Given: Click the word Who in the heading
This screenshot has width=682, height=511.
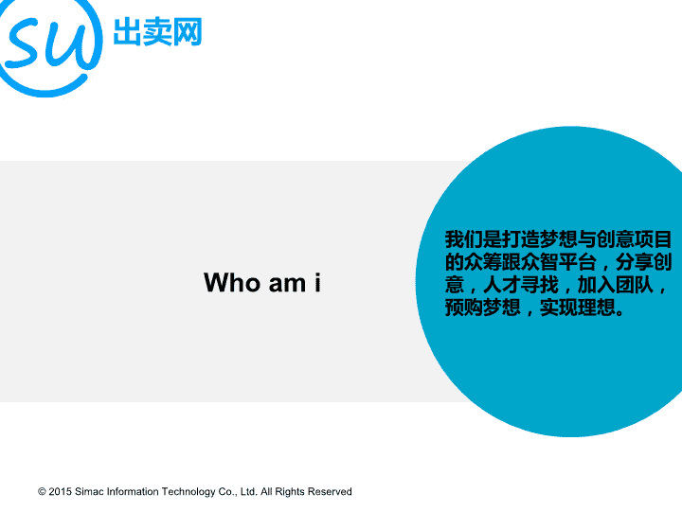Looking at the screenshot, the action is click(x=232, y=283).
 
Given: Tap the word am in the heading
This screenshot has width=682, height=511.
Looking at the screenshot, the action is click(x=288, y=285).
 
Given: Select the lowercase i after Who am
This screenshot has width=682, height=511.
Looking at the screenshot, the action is click(x=318, y=283).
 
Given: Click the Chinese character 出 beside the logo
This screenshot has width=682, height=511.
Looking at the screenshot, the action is click(x=127, y=31).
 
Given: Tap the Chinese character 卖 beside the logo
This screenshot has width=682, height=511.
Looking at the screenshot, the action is click(x=157, y=31).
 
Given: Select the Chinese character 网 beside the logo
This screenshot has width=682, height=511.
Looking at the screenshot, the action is click(x=188, y=31).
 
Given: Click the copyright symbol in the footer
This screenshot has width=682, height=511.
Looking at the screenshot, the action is click(x=42, y=492).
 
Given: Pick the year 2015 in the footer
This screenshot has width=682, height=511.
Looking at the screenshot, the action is click(x=60, y=492).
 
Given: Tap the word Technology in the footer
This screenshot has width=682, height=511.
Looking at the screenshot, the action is click(x=188, y=492).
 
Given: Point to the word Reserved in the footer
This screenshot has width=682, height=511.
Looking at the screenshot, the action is click(x=330, y=492).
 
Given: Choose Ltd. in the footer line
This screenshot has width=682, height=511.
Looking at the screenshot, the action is click(x=248, y=492).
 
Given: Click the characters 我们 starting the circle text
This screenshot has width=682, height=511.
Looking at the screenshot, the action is click(x=463, y=239).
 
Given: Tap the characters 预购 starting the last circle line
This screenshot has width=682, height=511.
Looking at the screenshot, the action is click(x=463, y=308).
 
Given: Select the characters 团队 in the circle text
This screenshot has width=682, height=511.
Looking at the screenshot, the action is click(x=635, y=285).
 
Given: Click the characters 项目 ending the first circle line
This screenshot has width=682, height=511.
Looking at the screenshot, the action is click(x=654, y=239).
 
